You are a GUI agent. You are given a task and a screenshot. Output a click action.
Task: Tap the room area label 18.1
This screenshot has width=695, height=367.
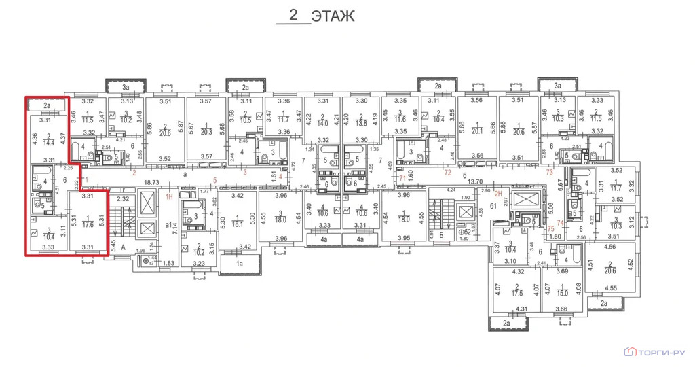pos(238,223)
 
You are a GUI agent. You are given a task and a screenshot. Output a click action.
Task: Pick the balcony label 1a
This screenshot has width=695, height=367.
pos(239,262)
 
